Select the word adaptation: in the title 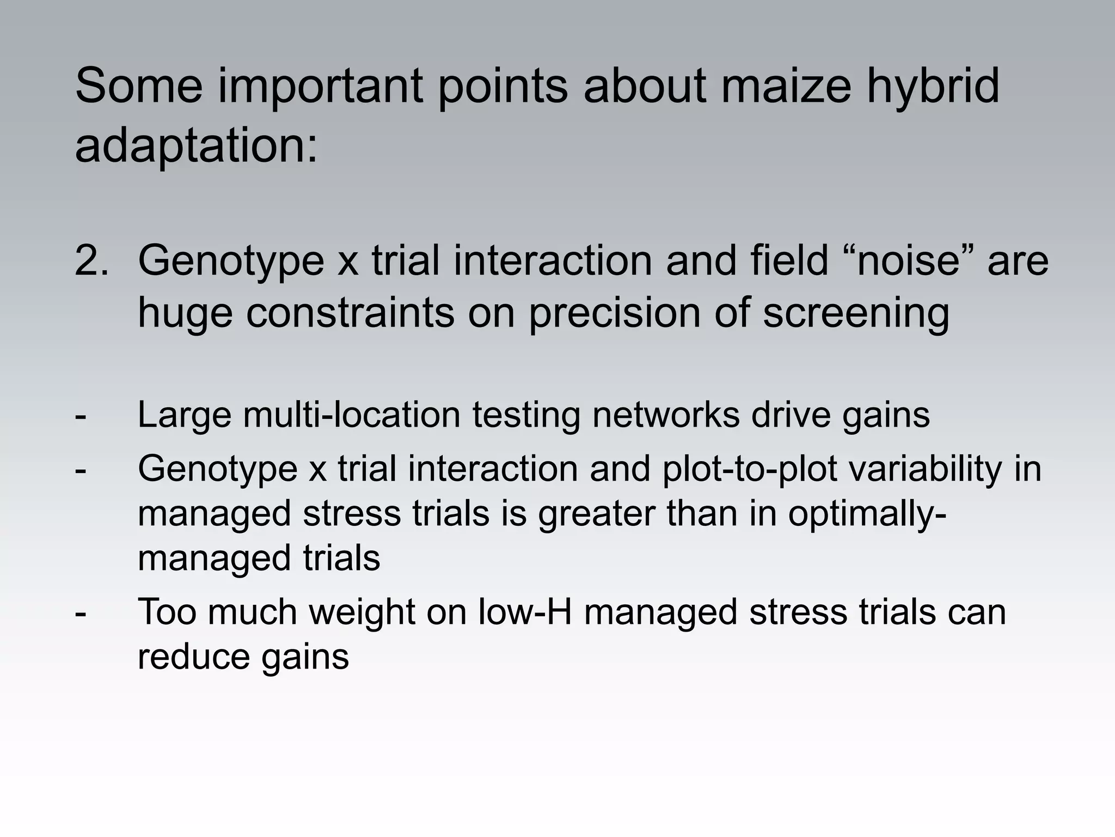pyautogui.click(x=196, y=145)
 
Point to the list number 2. pyautogui.click(x=91, y=260)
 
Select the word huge pyautogui.click(x=186, y=313)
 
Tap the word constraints pyautogui.click(x=350, y=313)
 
